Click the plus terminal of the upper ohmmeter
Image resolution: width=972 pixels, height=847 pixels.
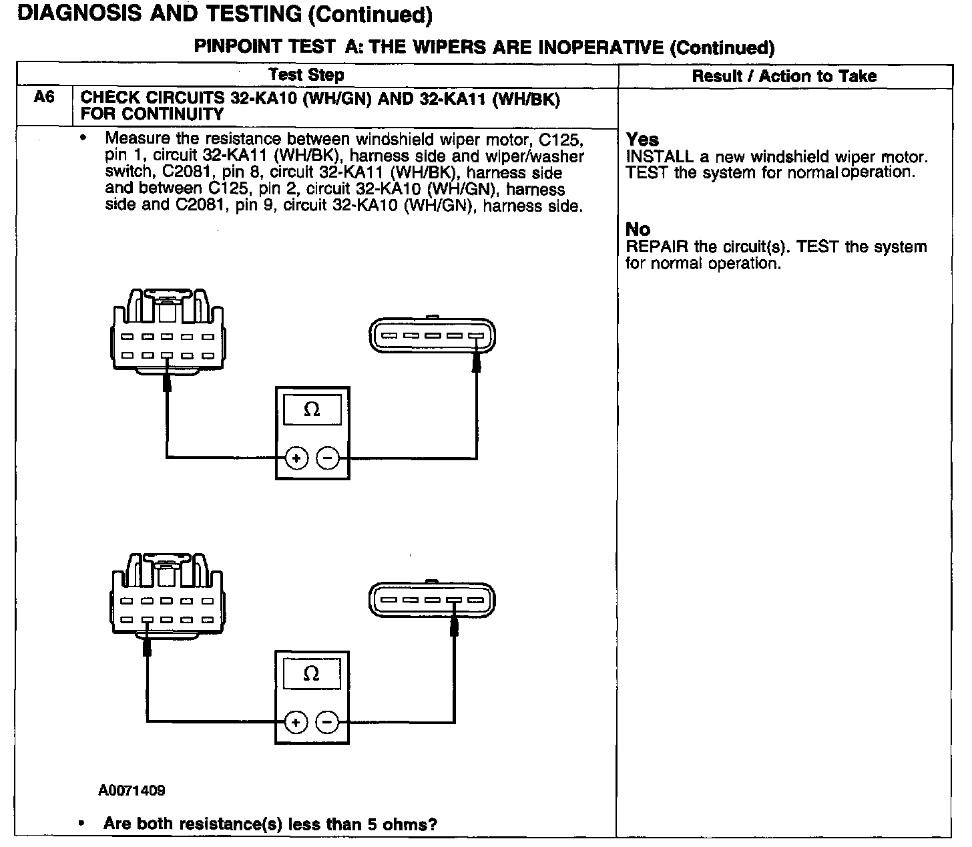(296, 458)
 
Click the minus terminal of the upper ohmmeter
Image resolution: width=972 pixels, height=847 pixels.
(327, 458)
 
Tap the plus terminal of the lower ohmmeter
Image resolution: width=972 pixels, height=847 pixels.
(296, 722)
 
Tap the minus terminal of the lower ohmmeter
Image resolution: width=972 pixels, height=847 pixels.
(326, 722)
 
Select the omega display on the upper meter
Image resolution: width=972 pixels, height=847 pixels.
(312, 409)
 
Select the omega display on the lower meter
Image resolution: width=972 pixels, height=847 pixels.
(311, 673)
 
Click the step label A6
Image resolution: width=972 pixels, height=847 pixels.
(44, 98)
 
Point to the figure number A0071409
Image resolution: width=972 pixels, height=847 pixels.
(132, 791)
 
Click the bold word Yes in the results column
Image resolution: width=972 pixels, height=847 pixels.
(642, 140)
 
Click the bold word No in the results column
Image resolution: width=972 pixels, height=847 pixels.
(638, 229)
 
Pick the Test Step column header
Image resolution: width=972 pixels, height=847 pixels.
(306, 75)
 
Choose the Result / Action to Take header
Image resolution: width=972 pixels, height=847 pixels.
(784, 76)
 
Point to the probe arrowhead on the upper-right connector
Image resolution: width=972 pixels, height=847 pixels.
(477, 361)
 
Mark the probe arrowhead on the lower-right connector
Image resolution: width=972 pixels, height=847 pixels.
(455, 626)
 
